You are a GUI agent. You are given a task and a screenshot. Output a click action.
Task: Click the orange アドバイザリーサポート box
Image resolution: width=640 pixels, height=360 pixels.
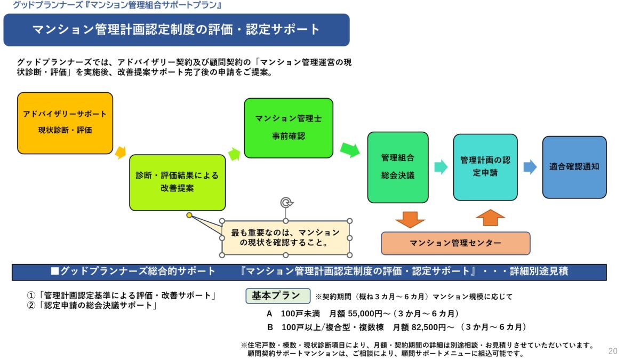click(x=65, y=123)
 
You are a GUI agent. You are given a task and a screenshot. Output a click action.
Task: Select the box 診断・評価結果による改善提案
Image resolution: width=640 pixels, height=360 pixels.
click(x=177, y=182)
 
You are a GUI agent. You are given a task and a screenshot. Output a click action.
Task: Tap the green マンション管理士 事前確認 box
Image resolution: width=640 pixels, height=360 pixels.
click(x=288, y=127)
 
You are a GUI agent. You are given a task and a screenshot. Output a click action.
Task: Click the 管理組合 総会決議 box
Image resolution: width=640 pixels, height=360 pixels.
click(x=397, y=167)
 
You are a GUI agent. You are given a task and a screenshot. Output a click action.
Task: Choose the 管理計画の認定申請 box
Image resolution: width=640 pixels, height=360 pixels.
click(x=485, y=167)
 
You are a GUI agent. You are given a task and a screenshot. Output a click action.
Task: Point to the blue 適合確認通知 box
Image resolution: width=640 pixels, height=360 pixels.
click(x=574, y=166)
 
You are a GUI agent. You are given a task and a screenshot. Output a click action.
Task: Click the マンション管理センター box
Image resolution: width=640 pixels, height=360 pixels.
click(x=455, y=243)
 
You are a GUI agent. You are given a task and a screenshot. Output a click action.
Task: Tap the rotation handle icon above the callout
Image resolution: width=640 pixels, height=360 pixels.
click(x=286, y=203)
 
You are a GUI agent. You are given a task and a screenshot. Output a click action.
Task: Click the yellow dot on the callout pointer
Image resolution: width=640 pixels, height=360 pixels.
click(x=189, y=215)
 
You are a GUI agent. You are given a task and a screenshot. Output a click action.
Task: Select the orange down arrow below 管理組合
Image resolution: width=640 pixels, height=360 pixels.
click(x=410, y=219)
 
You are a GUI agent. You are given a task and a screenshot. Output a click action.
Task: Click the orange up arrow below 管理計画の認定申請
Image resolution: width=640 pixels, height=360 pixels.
click(x=490, y=218)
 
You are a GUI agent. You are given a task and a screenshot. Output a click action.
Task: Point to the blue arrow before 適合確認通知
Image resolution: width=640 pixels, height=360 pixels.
click(x=530, y=167)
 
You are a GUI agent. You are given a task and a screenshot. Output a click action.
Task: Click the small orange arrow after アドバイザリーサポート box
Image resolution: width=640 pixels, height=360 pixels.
click(x=121, y=153)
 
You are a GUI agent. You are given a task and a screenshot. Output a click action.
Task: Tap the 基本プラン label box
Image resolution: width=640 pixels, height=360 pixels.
click(x=277, y=295)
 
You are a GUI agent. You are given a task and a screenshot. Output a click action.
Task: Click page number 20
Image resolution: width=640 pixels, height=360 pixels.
click(x=613, y=351)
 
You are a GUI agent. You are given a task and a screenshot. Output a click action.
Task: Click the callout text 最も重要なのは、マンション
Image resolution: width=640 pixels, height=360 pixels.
click(x=285, y=233)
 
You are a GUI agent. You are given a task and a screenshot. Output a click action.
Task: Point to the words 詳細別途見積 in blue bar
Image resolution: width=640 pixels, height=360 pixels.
click(x=539, y=271)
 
